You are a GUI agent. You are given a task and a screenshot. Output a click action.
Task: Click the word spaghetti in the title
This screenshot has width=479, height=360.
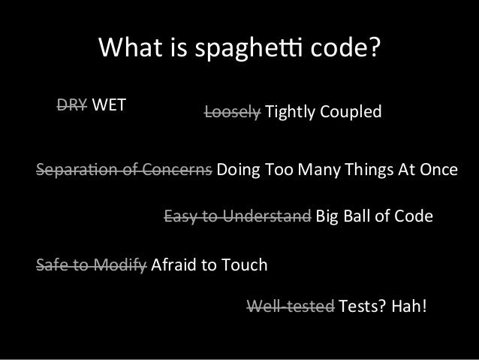click(x=249, y=48)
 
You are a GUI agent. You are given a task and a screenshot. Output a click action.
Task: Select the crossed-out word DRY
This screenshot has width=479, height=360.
click(x=72, y=105)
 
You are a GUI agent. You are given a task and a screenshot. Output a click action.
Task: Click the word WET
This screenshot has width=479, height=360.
click(x=109, y=105)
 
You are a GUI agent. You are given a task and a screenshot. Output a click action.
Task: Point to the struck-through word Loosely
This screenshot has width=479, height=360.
click(x=233, y=112)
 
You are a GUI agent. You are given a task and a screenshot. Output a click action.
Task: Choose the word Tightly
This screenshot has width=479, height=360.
click(x=291, y=112)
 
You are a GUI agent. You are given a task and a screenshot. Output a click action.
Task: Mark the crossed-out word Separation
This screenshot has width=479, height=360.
click(x=77, y=169)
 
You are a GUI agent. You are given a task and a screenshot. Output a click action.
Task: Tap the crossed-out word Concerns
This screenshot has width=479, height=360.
click(x=177, y=169)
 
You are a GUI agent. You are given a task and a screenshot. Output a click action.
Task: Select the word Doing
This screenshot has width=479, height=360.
click(x=238, y=170)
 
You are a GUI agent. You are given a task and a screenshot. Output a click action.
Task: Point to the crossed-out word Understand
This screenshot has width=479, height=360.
click(x=267, y=216)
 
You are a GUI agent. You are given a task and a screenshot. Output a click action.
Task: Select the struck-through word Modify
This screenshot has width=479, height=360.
click(x=120, y=265)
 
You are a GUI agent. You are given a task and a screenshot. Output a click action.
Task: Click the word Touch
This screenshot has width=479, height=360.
click(x=244, y=265)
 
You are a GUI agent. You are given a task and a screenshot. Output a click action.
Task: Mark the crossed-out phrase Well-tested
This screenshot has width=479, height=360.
click(x=291, y=306)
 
